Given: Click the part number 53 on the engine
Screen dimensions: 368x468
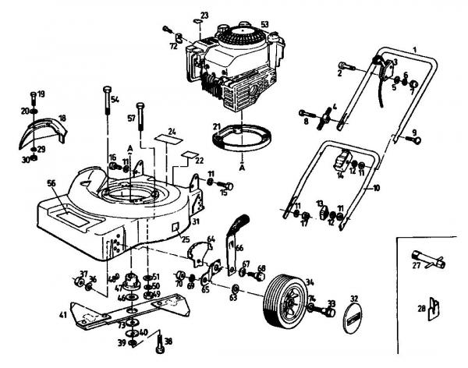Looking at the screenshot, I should (264, 24).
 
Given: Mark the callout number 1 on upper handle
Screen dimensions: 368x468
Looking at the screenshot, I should (416, 49).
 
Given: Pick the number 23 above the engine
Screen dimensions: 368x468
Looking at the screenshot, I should (204, 15).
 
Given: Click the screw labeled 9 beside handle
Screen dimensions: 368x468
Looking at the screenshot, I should (415, 140).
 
